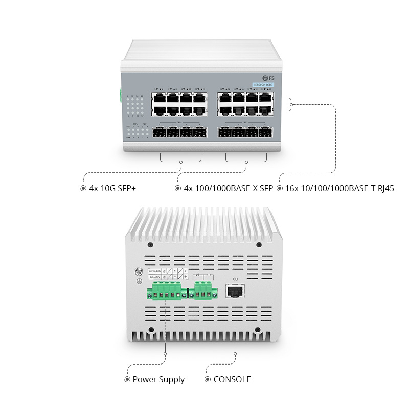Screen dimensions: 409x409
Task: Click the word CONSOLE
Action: tap(232, 380)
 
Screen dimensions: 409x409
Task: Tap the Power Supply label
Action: tap(158, 380)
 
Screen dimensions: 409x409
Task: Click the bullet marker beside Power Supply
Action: tap(127, 380)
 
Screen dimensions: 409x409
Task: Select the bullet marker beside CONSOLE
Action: tap(207, 380)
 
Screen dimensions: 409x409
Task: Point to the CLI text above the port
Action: tap(235, 279)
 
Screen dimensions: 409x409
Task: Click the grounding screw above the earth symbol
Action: tap(138, 273)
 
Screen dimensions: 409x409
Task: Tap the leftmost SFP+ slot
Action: tap(158, 133)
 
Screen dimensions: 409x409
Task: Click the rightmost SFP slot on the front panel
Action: tap(265, 133)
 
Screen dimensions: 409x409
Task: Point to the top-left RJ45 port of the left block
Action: tap(158, 97)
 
